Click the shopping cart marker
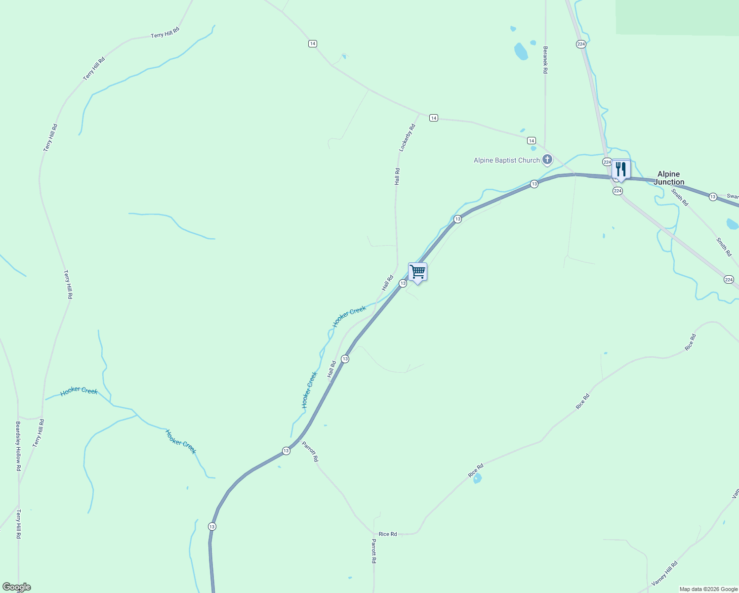pos(418,272)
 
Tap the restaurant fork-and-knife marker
pos(621,169)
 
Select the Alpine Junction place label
pos(669,178)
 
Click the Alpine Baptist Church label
pos(506,160)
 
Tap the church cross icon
pos(547,160)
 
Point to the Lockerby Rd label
pos(408,137)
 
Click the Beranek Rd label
pos(545,60)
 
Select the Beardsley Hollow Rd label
pos(18,446)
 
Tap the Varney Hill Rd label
pos(664,574)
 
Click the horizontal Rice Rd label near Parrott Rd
pos(388,534)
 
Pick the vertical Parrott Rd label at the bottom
pos(374,551)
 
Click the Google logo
pos(16,587)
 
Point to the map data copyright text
pos(708,589)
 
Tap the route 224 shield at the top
pos(581,44)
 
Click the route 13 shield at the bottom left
pos(212,526)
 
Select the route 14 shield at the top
pos(312,43)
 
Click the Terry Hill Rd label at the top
pos(165,33)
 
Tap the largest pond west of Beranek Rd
pos(521,51)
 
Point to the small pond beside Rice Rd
pos(477,478)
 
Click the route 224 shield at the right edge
pos(729,280)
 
